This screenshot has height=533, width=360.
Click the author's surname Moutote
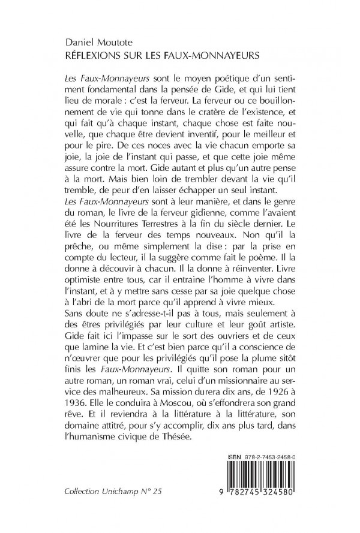click(125, 43)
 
